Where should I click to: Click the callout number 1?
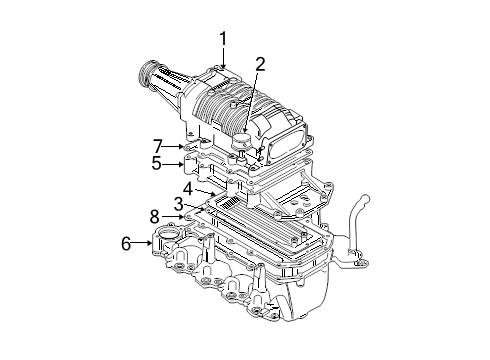click(224, 39)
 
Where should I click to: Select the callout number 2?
click(259, 65)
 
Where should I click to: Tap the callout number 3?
click(179, 203)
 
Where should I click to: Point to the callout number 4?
click(187, 186)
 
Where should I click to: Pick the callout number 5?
click(156, 163)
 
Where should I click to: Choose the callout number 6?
click(125, 242)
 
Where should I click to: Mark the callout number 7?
click(157, 145)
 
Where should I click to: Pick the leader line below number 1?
click(224, 57)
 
